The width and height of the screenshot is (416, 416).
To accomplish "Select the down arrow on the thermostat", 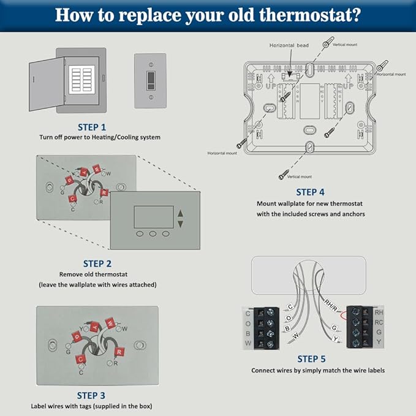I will coord(180,224).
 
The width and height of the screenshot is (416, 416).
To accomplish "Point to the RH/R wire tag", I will coord(331,303).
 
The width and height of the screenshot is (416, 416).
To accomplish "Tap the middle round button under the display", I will coord(153,234).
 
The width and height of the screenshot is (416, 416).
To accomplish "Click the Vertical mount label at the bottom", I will coord(299,177).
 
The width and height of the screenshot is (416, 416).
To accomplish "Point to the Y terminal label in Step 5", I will coord(379,341).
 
